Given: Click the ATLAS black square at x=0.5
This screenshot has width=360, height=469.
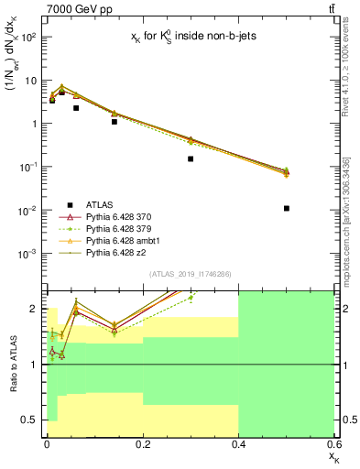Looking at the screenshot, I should [x=287, y=208].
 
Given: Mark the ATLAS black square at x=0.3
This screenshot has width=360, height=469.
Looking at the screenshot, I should [x=191, y=158].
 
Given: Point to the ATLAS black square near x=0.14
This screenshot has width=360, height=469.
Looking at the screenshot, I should [x=115, y=121].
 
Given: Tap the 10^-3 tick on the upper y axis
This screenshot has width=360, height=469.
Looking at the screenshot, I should [x=29, y=254].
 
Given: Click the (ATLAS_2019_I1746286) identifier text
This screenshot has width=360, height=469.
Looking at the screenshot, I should [x=189, y=274].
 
